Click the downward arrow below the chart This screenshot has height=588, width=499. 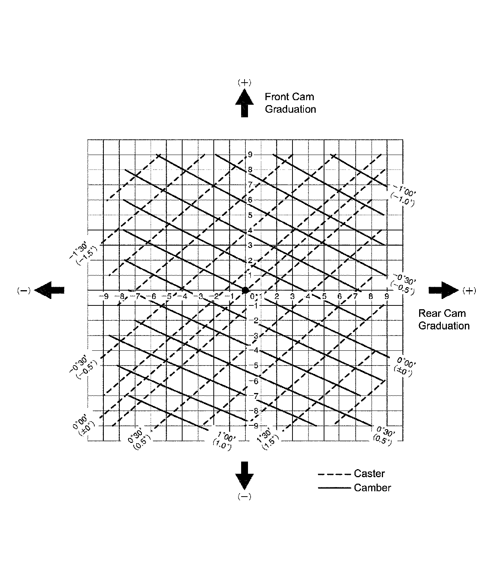click(244, 475)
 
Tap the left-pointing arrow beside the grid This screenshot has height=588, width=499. click(49, 290)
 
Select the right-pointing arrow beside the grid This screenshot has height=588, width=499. click(443, 290)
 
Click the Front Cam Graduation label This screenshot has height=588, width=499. click(290, 103)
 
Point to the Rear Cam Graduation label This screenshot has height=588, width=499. click(443, 320)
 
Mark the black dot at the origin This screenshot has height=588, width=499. click(245, 290)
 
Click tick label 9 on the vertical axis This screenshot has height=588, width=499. click(250, 155)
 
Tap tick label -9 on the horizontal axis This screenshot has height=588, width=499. click(104, 296)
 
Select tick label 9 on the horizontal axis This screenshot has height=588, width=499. click(387, 296)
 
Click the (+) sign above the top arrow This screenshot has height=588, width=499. click(244, 82)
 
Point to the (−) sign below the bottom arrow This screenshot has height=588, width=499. click(244, 497)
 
